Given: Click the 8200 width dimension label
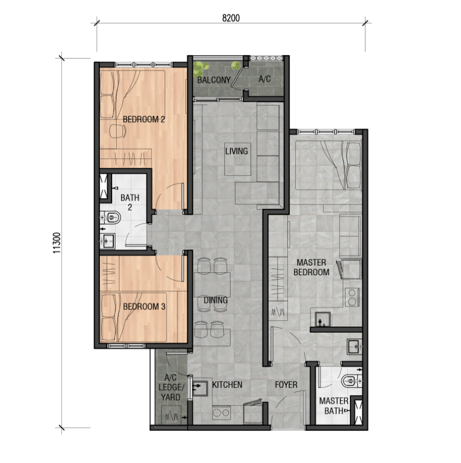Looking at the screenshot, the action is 230,18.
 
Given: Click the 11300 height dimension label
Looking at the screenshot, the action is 57,243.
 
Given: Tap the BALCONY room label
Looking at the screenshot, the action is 214,80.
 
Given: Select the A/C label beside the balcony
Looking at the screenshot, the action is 264,79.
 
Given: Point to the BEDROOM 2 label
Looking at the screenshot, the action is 144,119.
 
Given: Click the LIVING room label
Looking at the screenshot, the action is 237,151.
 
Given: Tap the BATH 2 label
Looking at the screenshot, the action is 130,202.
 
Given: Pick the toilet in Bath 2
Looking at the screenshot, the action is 111,218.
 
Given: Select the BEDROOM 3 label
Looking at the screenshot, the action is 144,307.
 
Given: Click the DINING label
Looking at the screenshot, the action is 216,301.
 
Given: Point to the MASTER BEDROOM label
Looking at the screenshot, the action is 311,267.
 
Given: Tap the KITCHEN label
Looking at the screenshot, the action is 227,385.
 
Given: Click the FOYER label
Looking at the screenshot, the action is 286,385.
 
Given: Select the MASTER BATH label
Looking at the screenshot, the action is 334,406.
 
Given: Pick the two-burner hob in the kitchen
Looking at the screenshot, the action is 222,412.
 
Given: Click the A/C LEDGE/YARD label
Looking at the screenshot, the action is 170,387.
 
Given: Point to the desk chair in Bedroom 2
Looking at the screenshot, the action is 117,130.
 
